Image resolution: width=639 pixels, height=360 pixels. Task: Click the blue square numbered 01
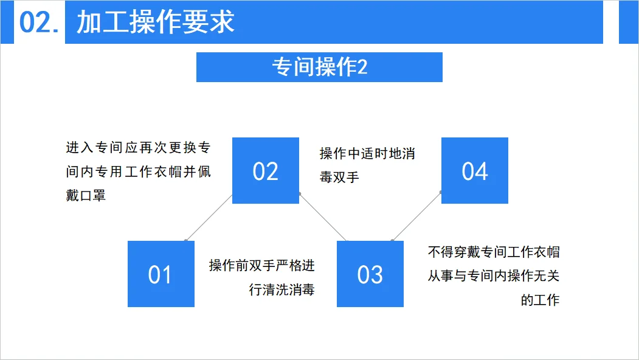(x=161, y=274)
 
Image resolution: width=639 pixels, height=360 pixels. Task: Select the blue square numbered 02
(x=266, y=171)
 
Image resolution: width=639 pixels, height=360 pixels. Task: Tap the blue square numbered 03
(x=370, y=274)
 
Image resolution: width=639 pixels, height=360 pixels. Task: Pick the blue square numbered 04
(x=474, y=171)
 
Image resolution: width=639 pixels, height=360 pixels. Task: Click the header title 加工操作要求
(x=156, y=22)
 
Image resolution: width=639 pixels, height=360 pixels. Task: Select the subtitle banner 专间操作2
(x=319, y=67)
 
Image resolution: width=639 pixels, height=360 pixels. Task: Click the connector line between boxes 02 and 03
(x=323, y=217)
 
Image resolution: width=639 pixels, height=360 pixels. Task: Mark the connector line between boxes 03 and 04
(x=417, y=216)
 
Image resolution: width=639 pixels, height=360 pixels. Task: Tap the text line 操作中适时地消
(x=367, y=153)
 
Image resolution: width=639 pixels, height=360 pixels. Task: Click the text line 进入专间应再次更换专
(x=138, y=148)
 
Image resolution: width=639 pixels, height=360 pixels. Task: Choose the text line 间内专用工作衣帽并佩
(x=138, y=172)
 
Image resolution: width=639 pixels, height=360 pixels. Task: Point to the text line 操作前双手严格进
(x=262, y=266)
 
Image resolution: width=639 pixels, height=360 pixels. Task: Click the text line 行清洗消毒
(x=282, y=290)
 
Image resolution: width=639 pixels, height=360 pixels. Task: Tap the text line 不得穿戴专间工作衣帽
(x=494, y=252)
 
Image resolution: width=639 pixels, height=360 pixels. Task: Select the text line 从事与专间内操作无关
(x=494, y=276)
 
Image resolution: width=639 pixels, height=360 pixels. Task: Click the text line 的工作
(x=540, y=300)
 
